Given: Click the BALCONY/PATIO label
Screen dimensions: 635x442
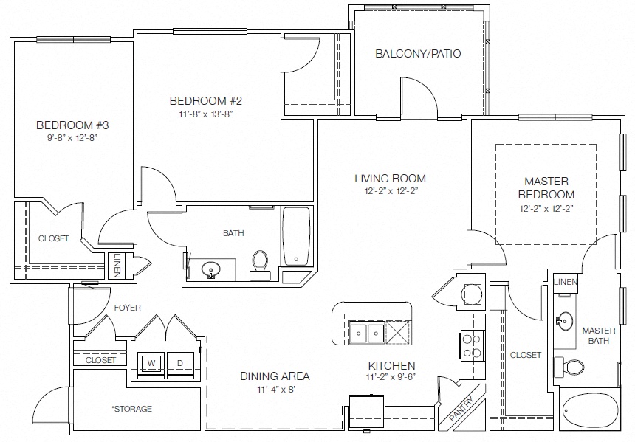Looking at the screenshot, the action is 418,53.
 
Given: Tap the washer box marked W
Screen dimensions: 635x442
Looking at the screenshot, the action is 151,364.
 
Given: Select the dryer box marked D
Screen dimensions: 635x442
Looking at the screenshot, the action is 180,364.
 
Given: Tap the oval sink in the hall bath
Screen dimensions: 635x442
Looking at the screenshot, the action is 210,269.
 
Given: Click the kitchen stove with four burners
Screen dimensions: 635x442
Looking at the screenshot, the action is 473,346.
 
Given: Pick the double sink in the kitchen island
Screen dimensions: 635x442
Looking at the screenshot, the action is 367,333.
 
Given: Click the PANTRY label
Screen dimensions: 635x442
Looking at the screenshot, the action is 462,409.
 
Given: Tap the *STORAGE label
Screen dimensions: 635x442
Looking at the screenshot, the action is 131,409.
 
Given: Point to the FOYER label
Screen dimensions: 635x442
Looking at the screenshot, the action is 128,308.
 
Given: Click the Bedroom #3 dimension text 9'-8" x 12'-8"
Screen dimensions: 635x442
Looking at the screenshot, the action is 72,138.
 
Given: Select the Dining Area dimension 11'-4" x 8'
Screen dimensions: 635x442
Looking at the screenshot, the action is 275,390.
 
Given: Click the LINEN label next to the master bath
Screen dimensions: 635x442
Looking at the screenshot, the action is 566,282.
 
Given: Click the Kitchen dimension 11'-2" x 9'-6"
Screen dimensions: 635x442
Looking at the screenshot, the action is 391,377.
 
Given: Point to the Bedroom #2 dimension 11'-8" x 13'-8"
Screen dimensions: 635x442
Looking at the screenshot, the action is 206,114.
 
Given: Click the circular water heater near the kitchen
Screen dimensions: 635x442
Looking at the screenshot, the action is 473,293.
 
